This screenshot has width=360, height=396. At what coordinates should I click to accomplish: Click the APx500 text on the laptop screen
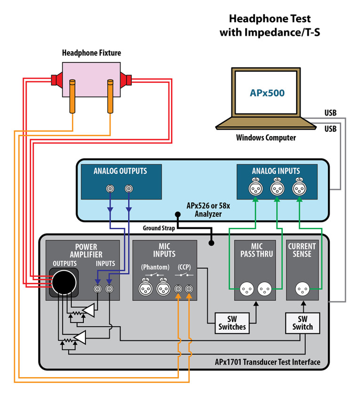(x=267, y=93)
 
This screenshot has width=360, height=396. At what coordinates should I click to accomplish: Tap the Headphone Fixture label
(x=91, y=53)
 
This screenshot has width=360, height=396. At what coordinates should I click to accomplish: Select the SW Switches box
(x=232, y=322)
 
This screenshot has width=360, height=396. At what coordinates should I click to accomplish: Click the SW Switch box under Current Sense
(x=302, y=322)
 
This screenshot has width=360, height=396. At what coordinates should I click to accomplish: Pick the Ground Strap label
(x=159, y=228)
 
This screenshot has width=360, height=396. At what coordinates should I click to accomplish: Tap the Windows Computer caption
(x=266, y=138)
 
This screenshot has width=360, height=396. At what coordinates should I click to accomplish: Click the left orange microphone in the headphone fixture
(x=73, y=97)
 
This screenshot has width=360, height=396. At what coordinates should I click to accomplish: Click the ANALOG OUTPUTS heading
(x=120, y=171)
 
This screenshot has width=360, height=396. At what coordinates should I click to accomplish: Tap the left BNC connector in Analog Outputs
(x=110, y=189)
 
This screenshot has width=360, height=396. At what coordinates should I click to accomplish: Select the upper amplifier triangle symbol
(x=88, y=309)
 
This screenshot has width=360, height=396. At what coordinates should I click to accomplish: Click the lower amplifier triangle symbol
(x=80, y=337)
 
